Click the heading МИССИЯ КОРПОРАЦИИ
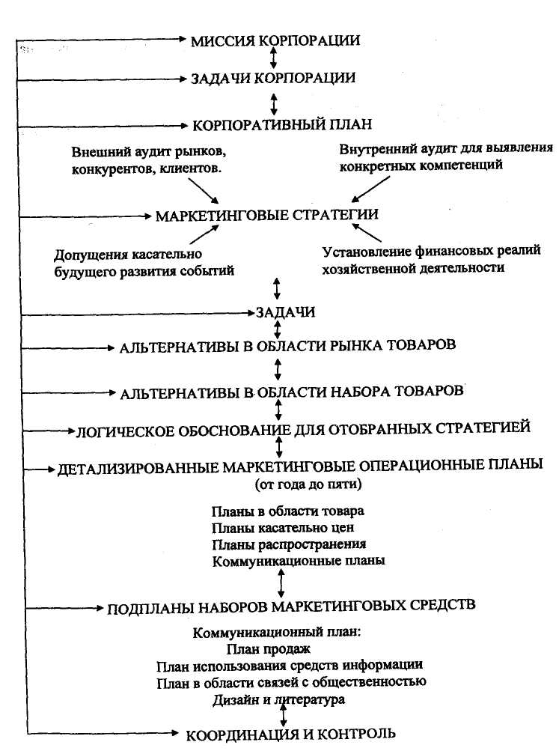click(275, 40)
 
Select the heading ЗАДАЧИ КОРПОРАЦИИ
click(272, 78)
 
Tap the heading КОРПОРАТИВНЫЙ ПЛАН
click(278, 124)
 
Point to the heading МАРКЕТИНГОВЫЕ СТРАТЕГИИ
click(267, 215)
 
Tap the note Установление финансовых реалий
click(431, 258)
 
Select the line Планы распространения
click(289, 544)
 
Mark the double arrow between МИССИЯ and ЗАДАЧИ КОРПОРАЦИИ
click(274, 58)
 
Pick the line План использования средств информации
click(290, 665)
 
